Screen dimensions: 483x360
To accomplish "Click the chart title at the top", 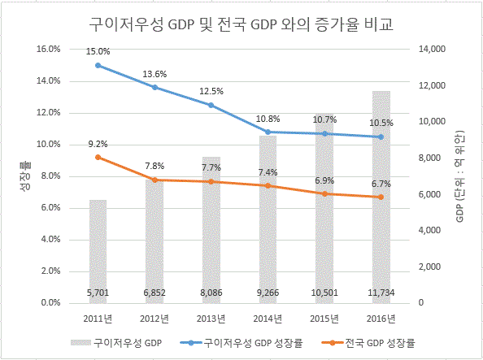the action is click(x=241, y=24).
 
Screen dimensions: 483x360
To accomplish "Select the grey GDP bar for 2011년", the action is click(x=98, y=252).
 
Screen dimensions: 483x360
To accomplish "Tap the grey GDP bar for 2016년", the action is click(x=381, y=197).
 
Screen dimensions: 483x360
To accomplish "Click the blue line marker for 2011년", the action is click(x=98, y=65).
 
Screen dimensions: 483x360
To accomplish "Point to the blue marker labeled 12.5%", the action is click(x=211, y=106).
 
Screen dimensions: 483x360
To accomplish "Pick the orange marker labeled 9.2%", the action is click(x=98, y=158).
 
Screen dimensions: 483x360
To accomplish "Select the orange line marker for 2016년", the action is click(x=381, y=197).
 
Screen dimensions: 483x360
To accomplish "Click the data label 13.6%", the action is click(x=154, y=74).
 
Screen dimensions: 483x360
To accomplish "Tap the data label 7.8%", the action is click(x=154, y=167).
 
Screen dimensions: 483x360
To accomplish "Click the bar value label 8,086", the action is click(x=211, y=293).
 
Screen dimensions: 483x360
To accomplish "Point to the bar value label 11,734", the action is click(x=381, y=293).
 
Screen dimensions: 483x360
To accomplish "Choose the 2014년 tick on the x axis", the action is click(x=268, y=319).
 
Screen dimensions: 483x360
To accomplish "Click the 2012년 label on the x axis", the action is click(x=154, y=319).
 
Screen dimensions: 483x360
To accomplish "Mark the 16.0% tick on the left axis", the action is click(x=48, y=49).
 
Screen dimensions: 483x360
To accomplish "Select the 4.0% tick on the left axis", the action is click(x=50, y=239).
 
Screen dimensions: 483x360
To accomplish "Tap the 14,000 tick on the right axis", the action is click(x=432, y=49).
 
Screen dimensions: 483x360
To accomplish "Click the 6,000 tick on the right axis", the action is click(x=429, y=195).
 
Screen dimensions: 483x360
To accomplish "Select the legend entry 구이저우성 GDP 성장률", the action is click(x=241, y=342).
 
